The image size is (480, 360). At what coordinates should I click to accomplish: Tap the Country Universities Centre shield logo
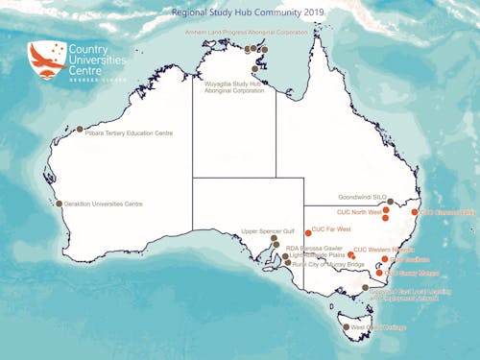click(42, 60)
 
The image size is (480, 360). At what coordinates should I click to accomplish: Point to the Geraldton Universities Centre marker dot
click(59, 204)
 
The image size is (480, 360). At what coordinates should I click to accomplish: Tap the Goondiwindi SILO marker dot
click(390, 202)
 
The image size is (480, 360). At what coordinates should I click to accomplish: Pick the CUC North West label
click(358, 211)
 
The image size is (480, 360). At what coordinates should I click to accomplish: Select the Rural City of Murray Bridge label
click(328, 264)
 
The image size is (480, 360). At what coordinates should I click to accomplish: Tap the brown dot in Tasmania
click(346, 327)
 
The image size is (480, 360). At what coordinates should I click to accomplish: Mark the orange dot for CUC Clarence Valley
click(415, 212)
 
